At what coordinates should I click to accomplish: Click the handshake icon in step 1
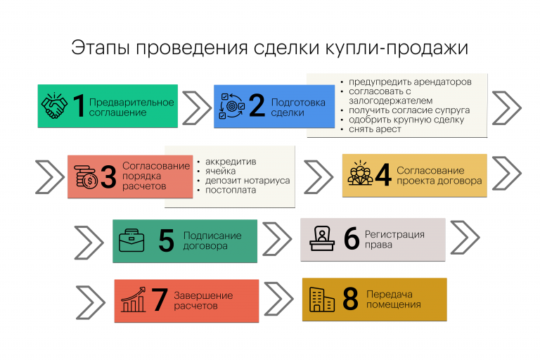tap(55, 106)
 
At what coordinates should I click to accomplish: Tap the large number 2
tap(257, 106)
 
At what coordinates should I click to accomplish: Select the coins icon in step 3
tap(87, 176)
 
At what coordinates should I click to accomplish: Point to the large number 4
tap(382, 175)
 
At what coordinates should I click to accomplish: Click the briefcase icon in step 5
tap(131, 240)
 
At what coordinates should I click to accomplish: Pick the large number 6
tap(352, 239)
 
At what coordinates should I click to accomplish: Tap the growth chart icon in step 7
tap(133, 300)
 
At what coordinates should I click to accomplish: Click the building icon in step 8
tap(323, 300)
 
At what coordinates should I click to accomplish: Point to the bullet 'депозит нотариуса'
tap(247, 181)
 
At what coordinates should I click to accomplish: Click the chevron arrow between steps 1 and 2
tap(195, 106)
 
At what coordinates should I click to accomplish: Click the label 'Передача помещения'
tap(393, 300)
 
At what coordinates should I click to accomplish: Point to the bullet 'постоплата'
tap(231, 191)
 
